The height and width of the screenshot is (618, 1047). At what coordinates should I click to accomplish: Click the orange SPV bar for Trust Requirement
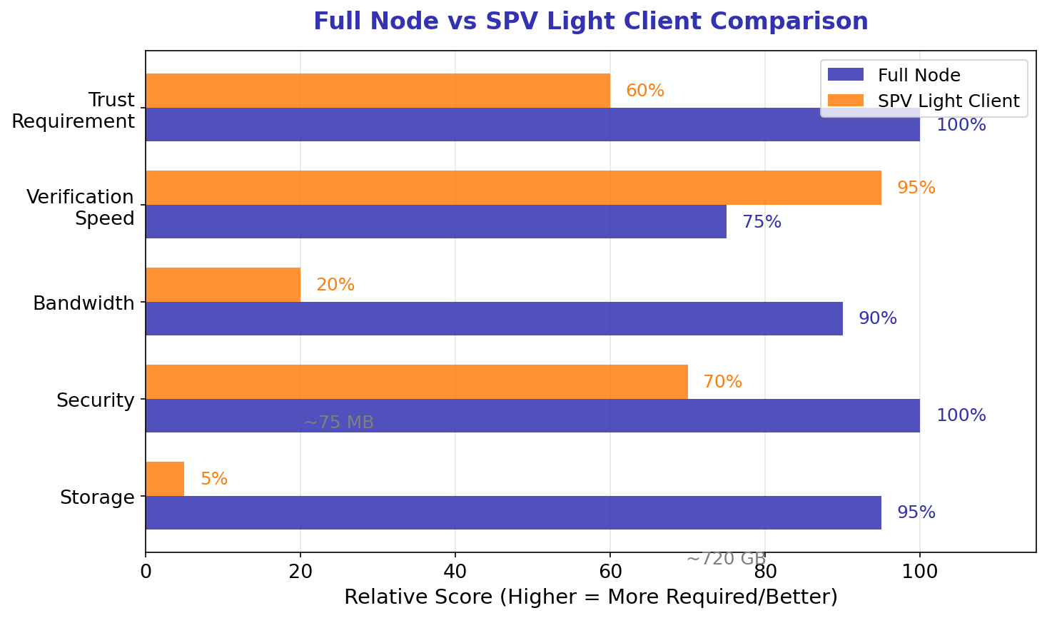coord(378,91)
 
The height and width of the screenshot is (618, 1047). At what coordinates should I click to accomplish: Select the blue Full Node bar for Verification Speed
coord(435,222)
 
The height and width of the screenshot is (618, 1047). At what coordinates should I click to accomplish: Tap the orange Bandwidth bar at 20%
coord(223,285)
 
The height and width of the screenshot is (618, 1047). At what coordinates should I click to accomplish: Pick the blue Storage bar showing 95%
coord(512,512)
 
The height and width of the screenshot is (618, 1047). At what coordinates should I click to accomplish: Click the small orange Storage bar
coord(165,479)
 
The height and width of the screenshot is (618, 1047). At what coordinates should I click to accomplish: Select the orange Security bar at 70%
coord(416,382)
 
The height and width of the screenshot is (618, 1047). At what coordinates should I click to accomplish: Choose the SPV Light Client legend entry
coord(948,101)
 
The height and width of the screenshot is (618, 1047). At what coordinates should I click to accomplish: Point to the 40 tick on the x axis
coord(455,572)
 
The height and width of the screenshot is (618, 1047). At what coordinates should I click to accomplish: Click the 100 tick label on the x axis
coord(919,572)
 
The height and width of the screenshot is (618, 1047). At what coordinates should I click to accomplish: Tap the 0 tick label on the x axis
coord(146,572)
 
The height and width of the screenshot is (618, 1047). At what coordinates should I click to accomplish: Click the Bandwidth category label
coord(84,303)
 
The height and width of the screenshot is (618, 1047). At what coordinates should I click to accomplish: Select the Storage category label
coord(97,497)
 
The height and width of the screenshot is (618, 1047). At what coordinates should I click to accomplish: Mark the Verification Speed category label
coord(80,207)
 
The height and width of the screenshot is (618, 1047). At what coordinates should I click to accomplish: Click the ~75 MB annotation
coord(338,422)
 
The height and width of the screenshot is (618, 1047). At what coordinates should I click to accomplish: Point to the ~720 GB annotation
coord(726,559)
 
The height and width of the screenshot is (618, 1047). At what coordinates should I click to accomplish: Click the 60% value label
coord(644,91)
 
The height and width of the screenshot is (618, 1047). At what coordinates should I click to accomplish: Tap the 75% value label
coord(762,222)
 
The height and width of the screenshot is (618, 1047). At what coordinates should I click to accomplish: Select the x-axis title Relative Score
coord(590,597)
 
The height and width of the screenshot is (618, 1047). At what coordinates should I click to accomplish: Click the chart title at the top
coord(590,21)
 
